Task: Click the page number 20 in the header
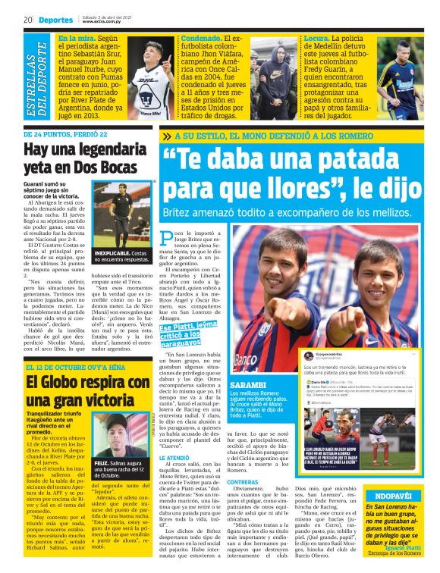tap(27, 20)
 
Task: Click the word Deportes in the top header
tap(56, 20)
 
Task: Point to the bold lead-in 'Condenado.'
tap(202, 38)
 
